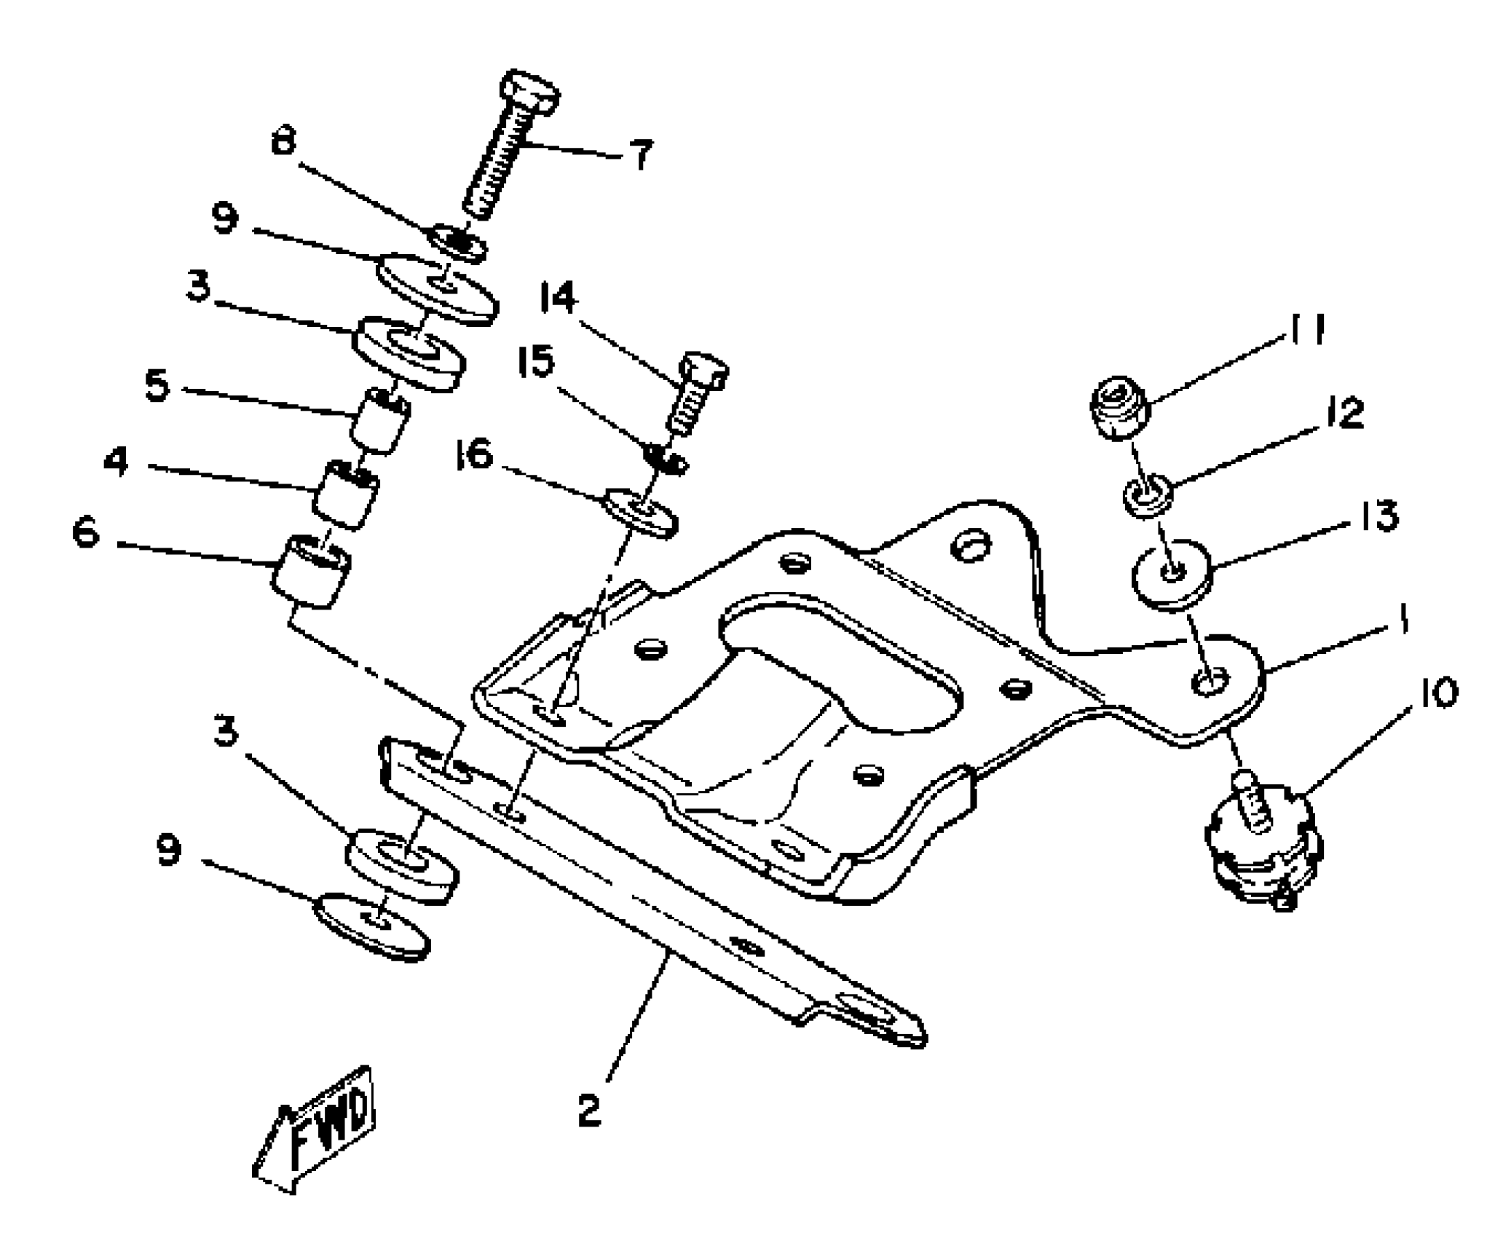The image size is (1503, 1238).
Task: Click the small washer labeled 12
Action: (x=1147, y=495)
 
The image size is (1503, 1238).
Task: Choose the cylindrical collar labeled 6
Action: (x=311, y=571)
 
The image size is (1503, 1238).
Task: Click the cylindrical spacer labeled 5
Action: (x=379, y=420)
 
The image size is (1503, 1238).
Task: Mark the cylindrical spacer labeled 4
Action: (x=346, y=494)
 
